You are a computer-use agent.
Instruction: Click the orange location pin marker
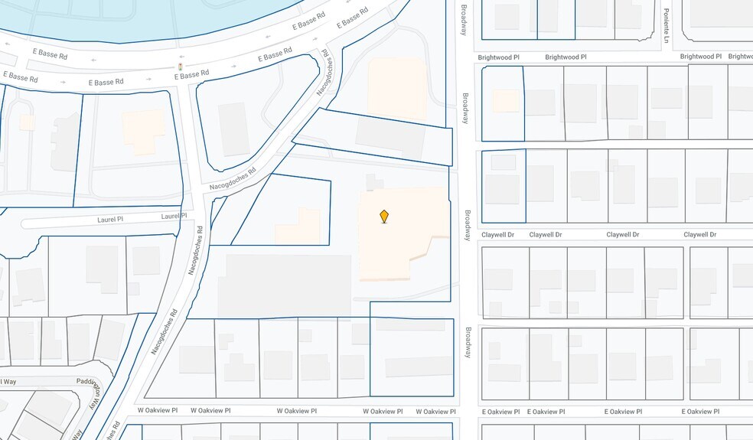(x=384, y=217)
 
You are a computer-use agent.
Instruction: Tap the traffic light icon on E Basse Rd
(x=181, y=67)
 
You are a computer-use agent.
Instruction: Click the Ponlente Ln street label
(x=667, y=25)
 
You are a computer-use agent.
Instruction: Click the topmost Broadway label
(x=463, y=21)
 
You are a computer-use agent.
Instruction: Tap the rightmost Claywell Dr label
(x=699, y=235)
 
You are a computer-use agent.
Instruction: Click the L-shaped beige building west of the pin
(x=300, y=228)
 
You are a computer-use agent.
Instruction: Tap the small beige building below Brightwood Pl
(x=505, y=101)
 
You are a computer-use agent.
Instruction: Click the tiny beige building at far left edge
(x=27, y=122)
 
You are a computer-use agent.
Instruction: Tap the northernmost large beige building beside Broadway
(x=396, y=86)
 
